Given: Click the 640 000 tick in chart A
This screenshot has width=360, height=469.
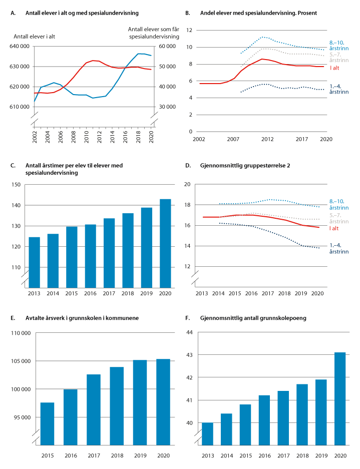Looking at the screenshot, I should pos(22,47).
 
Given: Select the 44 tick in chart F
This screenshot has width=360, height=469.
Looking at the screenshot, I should pos(190,332).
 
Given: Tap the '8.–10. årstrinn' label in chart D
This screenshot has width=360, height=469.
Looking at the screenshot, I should pos(338,204).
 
